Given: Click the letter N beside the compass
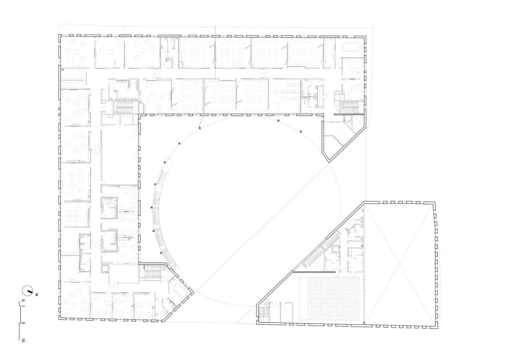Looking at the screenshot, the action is pyautogui.click(x=37, y=294).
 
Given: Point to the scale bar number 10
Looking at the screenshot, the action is pyautogui.click(x=23, y=340).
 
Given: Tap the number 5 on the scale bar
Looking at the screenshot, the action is pyautogui.click(x=23, y=323).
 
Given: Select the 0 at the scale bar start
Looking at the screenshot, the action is pyautogui.click(x=23, y=301).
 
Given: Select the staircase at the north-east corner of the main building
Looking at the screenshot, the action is pyautogui.click(x=349, y=107).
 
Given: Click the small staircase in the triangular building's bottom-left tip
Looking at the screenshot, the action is pyautogui.click(x=264, y=314).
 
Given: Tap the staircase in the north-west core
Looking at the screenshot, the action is pyautogui.click(x=125, y=107).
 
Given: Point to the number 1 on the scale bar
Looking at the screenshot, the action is pyautogui.click(x=23, y=306).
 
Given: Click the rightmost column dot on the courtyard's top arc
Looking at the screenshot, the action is pyautogui.click(x=301, y=131).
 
